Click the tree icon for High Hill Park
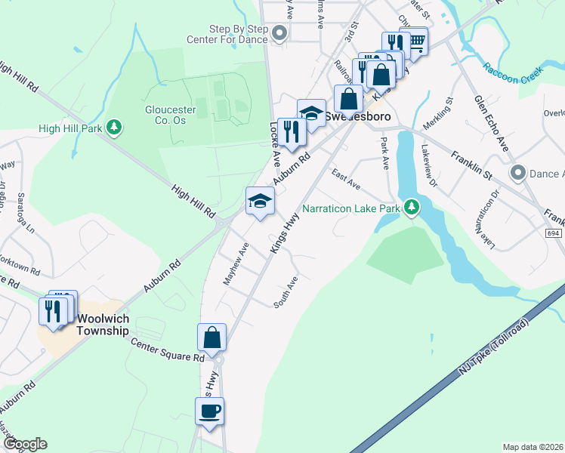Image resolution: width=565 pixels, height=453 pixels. (114, 127)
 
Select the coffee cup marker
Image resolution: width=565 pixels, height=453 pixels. (209, 411)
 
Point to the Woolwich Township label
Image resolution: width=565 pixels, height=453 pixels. (103, 325)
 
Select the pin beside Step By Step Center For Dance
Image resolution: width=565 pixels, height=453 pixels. (281, 32)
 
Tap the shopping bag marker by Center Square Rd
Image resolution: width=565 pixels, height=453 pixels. (212, 337)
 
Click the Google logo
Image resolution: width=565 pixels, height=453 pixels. (25, 444)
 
